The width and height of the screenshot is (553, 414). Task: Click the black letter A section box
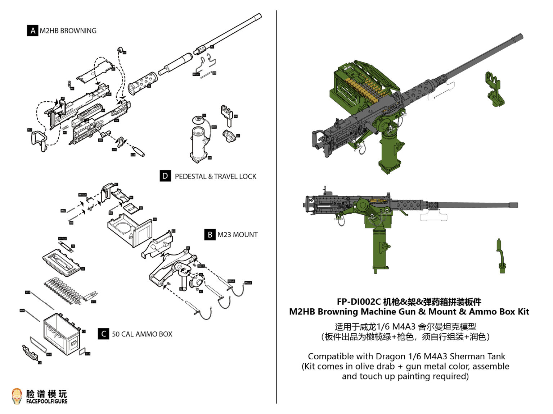(x=32, y=31)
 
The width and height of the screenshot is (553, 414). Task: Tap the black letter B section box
(x=210, y=235)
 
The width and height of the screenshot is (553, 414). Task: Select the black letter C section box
(x=103, y=334)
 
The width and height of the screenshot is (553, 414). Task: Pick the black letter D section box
(x=165, y=176)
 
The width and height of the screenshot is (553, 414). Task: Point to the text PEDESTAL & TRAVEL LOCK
(x=215, y=176)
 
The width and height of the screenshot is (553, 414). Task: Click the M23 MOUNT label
(x=237, y=235)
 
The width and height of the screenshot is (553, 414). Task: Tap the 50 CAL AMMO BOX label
(x=142, y=334)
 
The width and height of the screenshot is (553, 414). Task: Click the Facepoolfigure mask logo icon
(x=17, y=396)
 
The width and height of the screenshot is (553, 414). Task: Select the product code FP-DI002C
(x=358, y=302)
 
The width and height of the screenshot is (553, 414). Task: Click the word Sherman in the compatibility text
(x=467, y=356)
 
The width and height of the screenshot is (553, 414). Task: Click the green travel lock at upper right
(x=494, y=89)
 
